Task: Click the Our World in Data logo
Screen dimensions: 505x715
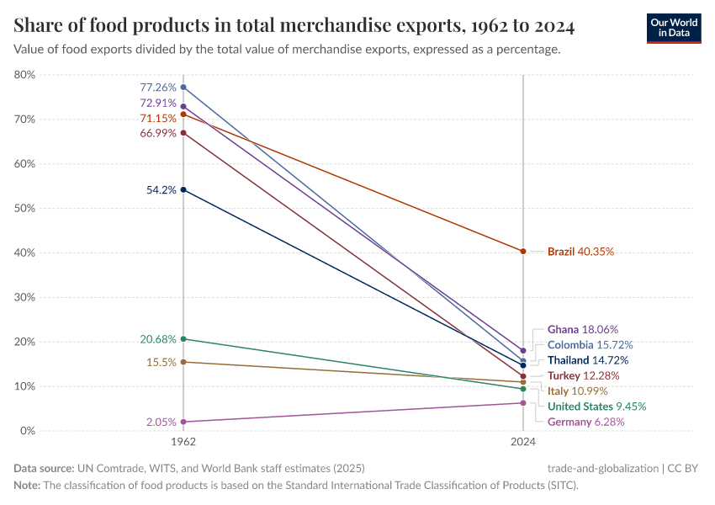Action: coord(673,28)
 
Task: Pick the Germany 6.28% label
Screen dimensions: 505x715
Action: coord(585,422)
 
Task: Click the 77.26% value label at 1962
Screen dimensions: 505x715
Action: coord(158,88)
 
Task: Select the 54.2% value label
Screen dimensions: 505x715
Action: coord(161,190)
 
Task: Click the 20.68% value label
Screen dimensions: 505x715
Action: coord(158,339)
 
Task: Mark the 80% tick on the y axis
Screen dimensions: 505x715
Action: coord(25,75)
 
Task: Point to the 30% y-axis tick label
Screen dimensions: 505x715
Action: coord(25,297)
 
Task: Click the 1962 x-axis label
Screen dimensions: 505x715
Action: coord(183,442)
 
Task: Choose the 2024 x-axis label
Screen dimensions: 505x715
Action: coord(523,442)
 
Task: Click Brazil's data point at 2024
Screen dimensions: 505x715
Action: coord(523,251)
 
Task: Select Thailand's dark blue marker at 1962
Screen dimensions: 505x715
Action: coord(183,189)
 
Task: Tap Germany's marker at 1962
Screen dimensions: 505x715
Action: coord(183,422)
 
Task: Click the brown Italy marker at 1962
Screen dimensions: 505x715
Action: coord(183,362)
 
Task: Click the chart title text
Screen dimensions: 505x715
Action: coord(294,27)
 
